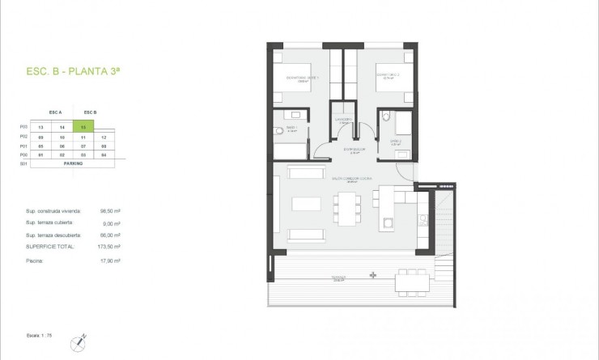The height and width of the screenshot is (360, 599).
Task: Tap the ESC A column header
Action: point(56,112)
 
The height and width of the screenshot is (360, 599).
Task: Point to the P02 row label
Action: point(23,137)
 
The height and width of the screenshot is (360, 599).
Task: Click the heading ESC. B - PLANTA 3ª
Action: point(73,72)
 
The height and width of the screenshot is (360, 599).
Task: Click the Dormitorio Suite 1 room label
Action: point(304,78)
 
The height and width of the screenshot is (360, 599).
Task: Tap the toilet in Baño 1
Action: point(278,130)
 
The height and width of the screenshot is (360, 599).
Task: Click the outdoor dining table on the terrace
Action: point(408,282)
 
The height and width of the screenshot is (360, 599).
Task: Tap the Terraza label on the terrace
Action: point(338,279)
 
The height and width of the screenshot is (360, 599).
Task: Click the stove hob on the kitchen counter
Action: point(421,218)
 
